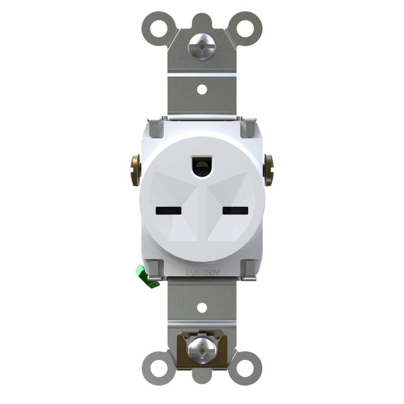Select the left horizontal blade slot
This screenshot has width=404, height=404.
click(168, 211)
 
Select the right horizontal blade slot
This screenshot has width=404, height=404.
click(235, 211)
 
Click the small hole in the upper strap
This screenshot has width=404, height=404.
click(202, 90)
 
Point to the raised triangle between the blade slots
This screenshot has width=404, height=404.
click(202, 221)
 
